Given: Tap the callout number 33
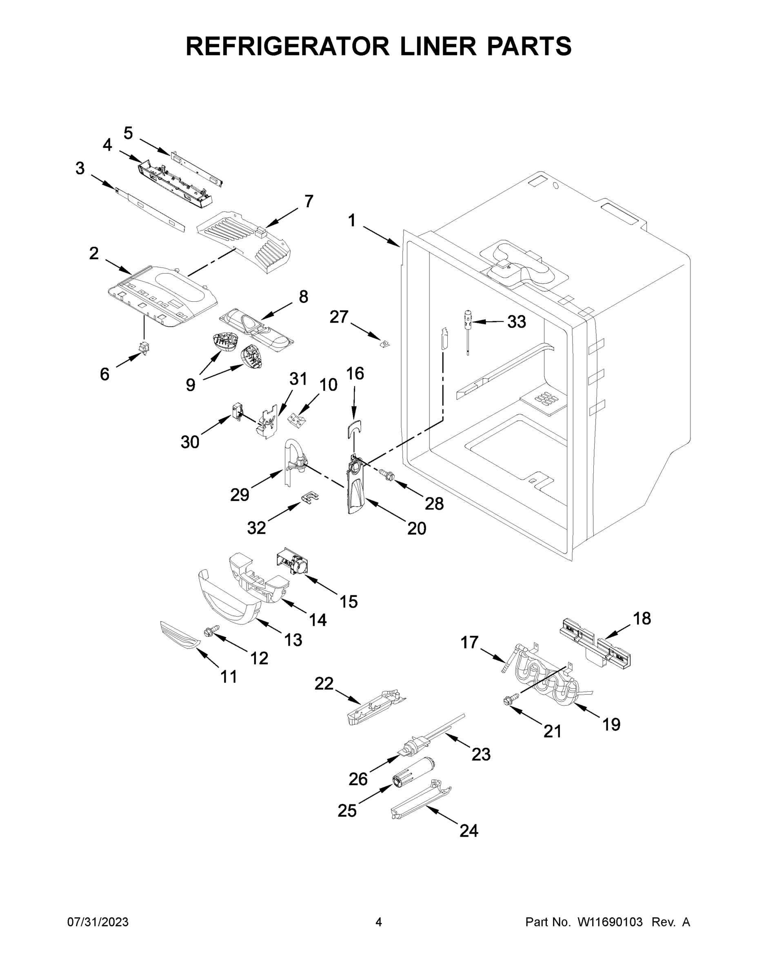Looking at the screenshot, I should coord(516,322).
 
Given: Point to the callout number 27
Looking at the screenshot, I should coord(339,317).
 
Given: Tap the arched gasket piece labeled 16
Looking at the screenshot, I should coord(354,428).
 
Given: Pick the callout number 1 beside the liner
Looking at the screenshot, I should coord(352,221).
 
